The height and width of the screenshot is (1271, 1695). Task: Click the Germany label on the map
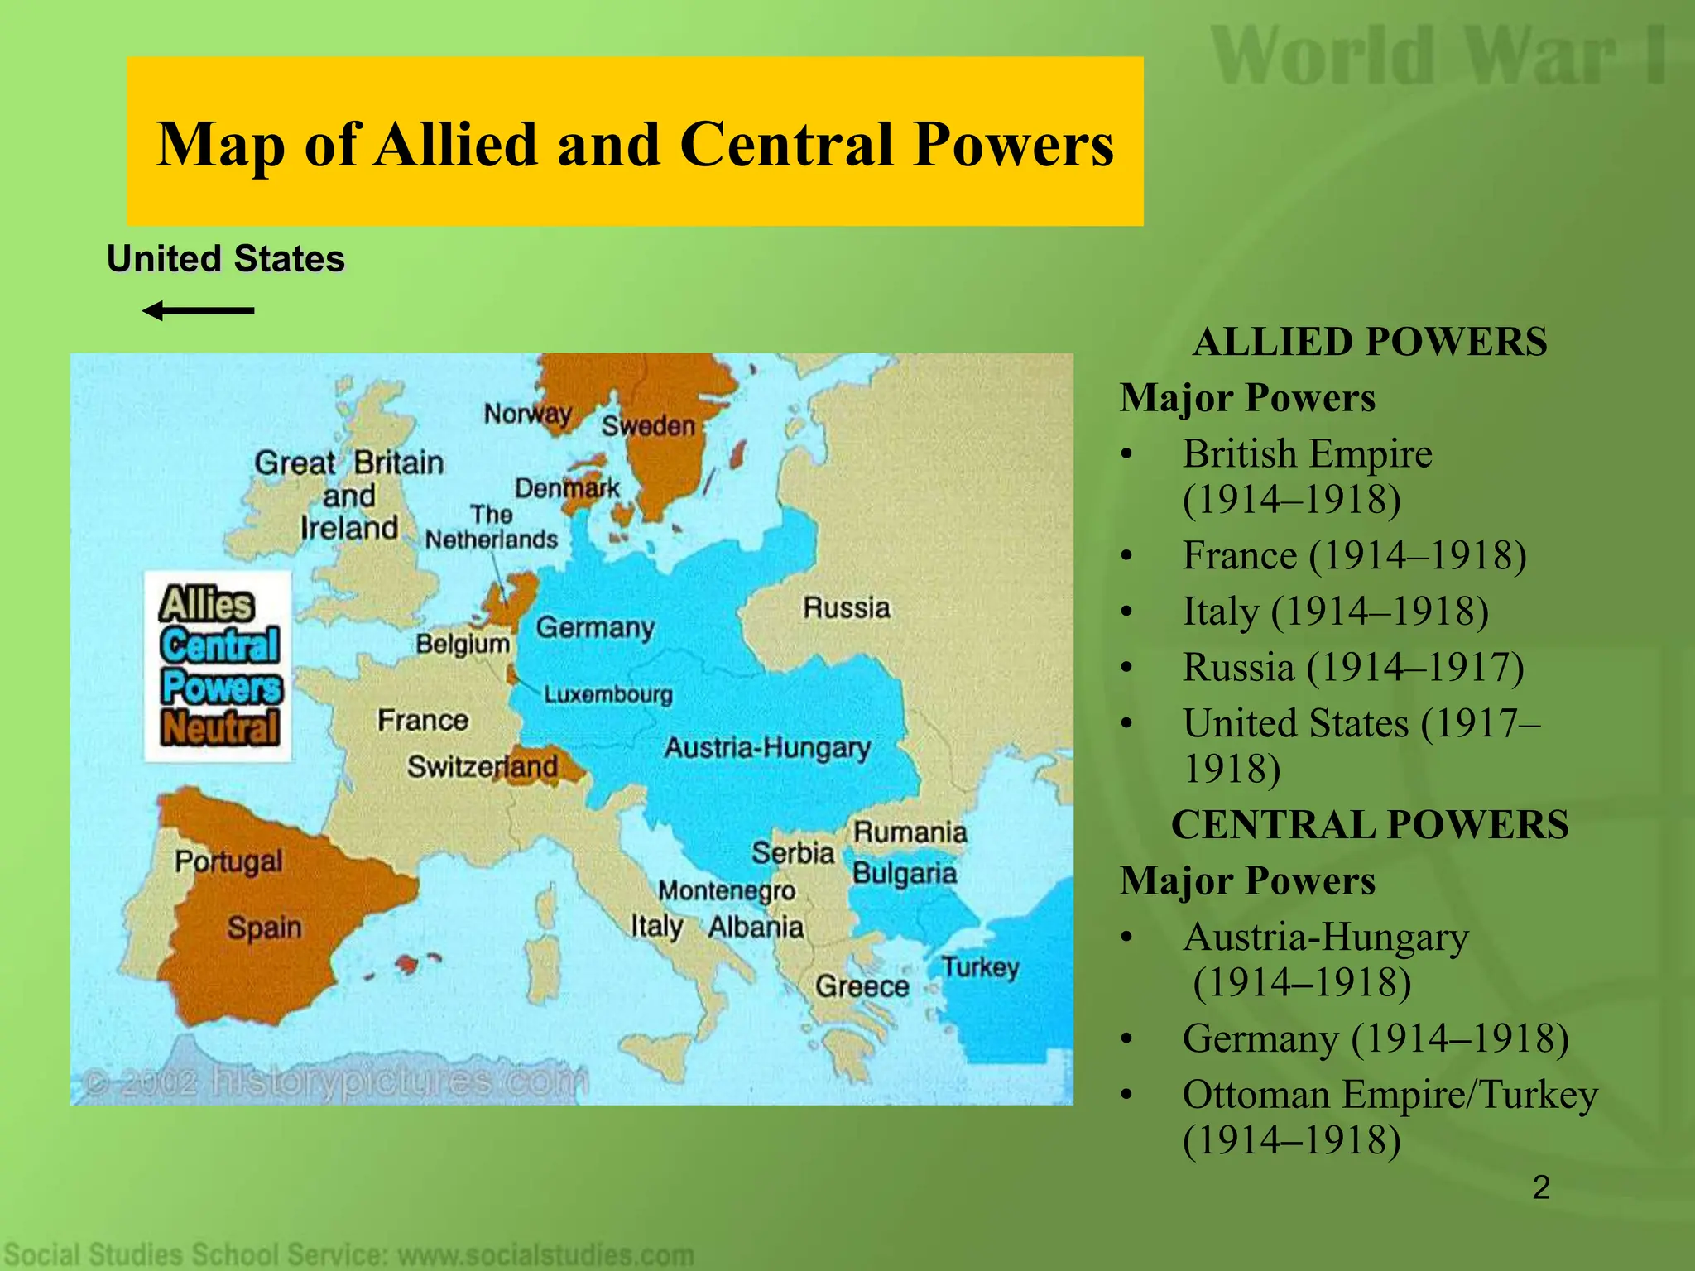(595, 627)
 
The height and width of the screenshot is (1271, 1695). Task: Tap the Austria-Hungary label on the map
(766, 748)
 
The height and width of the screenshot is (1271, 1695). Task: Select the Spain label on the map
(264, 928)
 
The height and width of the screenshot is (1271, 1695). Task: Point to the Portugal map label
(228, 861)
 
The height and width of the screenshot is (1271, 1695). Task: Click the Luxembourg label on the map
(607, 694)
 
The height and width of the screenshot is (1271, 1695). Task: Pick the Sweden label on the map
(648, 426)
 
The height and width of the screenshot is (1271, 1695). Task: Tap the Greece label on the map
(862, 986)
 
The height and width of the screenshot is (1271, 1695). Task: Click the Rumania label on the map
(910, 832)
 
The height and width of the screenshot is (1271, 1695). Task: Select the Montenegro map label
(727, 891)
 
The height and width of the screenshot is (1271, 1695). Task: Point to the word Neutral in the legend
(220, 729)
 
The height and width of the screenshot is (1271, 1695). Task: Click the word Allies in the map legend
(207, 604)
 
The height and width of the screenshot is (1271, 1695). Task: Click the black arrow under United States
(198, 311)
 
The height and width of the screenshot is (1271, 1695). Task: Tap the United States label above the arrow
(225, 259)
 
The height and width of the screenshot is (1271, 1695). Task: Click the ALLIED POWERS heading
(1370, 342)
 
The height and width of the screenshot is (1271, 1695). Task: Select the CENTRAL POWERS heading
(1370, 825)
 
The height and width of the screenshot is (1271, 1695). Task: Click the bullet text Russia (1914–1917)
(1352, 667)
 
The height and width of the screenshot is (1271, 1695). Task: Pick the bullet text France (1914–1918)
(1354, 555)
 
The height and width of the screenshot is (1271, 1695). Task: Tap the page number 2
(1540, 1187)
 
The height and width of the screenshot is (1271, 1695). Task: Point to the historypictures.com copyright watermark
(335, 1082)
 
